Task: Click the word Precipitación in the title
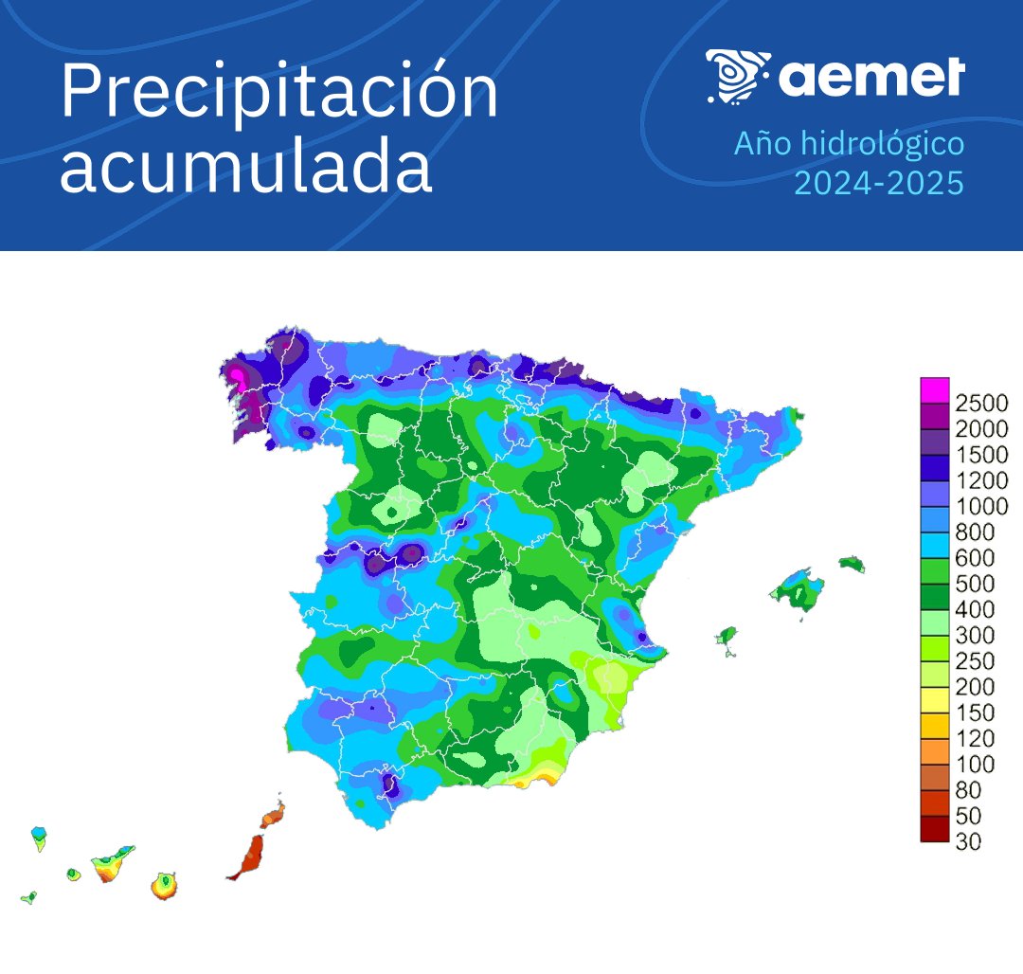tap(278, 93)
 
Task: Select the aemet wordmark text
tap(871, 77)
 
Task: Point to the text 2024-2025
tap(877, 182)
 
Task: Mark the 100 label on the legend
tap(976, 765)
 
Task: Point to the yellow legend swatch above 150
tap(934, 699)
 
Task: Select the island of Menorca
tap(852, 564)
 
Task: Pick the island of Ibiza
tap(728, 634)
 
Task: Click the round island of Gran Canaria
tap(165, 886)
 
